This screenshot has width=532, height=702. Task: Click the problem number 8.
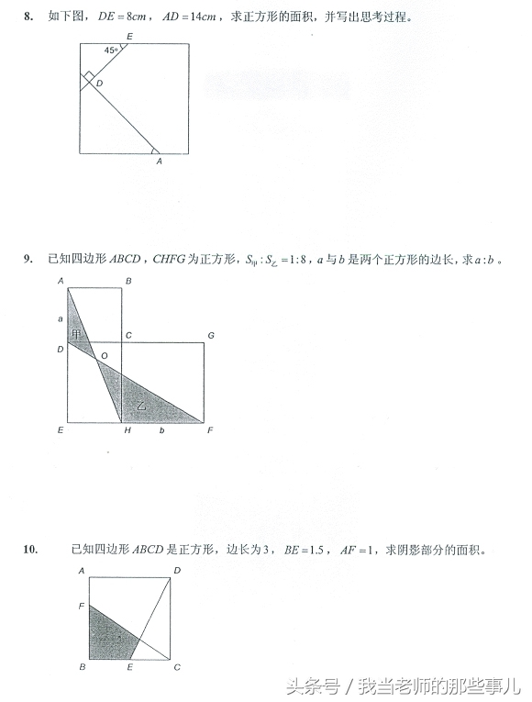point(29,17)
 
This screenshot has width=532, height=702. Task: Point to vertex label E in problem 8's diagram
point(128,36)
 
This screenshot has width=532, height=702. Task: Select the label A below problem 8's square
point(159,162)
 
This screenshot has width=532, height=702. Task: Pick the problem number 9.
point(28,260)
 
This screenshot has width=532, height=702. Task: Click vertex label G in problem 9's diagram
point(211,336)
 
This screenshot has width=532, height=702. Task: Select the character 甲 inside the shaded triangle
point(77,334)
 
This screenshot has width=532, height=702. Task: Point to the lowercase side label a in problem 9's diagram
point(61,318)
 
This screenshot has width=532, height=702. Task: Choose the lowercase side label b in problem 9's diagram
point(161,429)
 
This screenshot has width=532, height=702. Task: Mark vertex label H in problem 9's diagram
point(122,429)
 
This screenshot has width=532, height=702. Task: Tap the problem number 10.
point(30,550)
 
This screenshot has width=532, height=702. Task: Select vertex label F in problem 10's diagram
point(82,607)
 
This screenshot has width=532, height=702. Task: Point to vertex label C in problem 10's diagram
point(177,666)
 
